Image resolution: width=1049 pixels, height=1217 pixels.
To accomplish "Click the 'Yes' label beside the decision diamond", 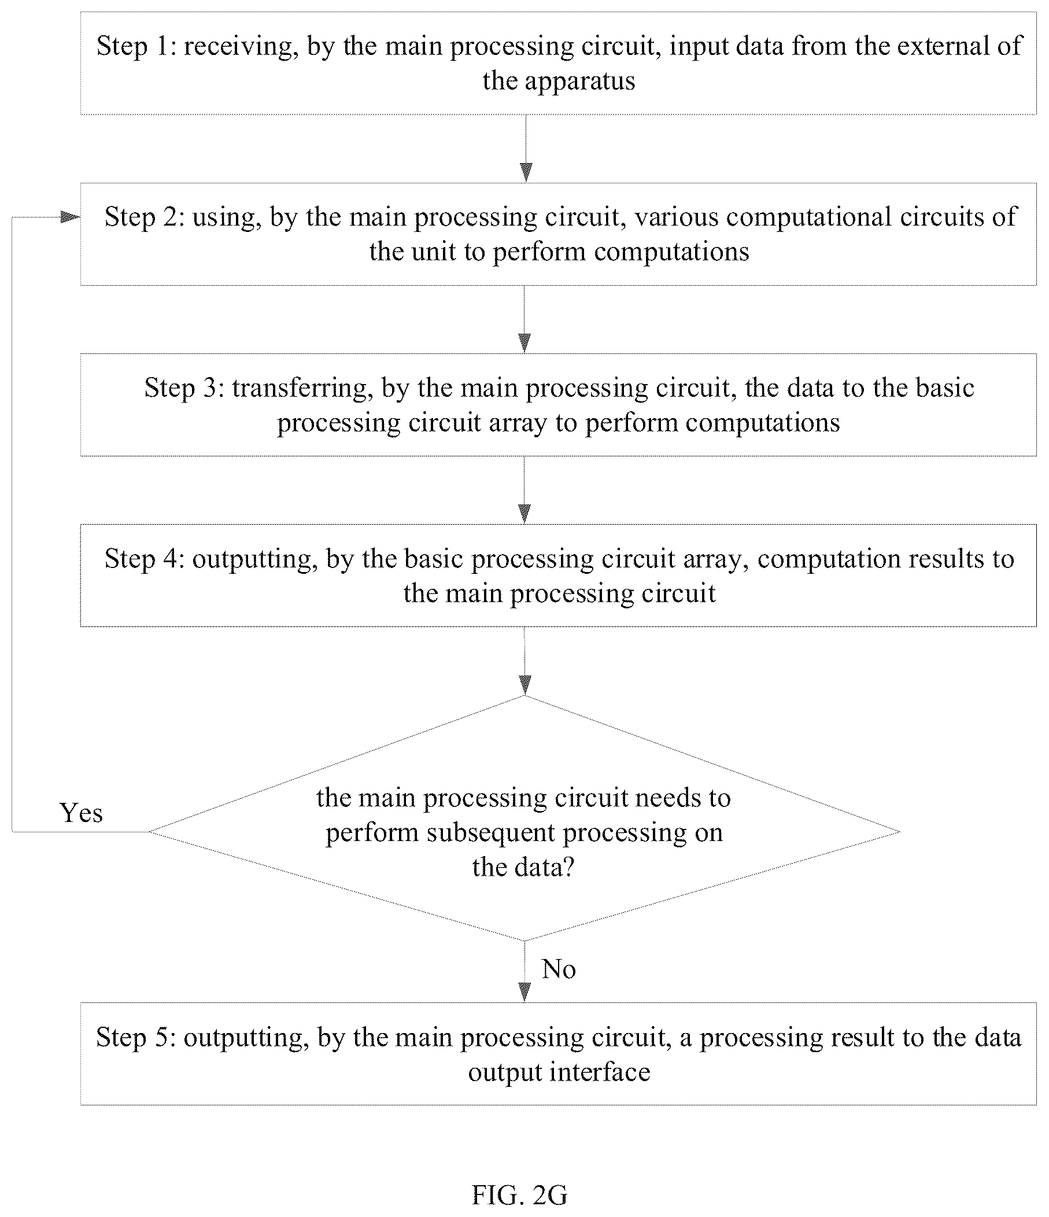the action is (x=81, y=813).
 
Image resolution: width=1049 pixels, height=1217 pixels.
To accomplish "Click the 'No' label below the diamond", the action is (x=559, y=969).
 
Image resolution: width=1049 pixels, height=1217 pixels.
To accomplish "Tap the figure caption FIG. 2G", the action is (x=520, y=1194).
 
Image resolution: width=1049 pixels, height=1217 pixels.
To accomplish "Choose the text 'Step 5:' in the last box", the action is (x=136, y=1037).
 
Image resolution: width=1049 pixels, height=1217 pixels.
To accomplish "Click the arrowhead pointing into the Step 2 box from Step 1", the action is (x=526, y=173).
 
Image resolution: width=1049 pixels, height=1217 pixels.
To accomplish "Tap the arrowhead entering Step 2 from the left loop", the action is (x=71, y=218).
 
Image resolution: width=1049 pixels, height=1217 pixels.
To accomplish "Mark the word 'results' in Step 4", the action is (x=946, y=559).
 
